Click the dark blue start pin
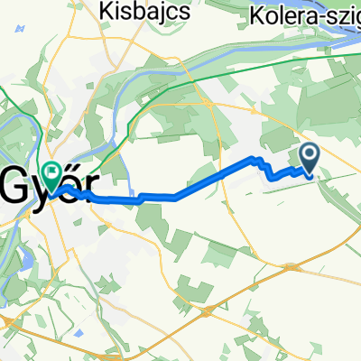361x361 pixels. pyautogui.click(x=309, y=158)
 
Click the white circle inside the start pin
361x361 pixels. pyautogui.click(x=309, y=155)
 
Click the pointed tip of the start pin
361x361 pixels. pyautogui.click(x=309, y=173)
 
